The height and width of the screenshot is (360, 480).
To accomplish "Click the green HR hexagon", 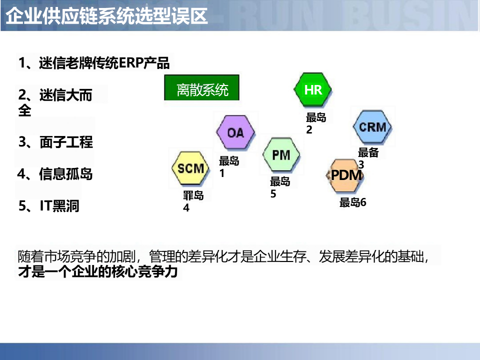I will [x=312, y=90].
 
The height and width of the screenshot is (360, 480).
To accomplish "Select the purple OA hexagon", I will [x=235, y=132].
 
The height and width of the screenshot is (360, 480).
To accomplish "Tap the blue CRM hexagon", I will [x=372, y=127].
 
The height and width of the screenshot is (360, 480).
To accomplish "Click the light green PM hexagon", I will [x=281, y=155].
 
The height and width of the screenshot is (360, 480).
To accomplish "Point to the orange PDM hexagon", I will [x=346, y=176].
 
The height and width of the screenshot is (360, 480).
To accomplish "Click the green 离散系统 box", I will [x=202, y=89].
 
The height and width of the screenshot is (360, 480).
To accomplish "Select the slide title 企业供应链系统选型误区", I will [x=106, y=16].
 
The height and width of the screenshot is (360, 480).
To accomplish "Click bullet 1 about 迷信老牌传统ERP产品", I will [x=94, y=63].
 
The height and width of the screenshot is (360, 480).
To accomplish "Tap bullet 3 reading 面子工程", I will [x=56, y=142].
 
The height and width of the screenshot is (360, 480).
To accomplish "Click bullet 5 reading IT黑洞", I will [x=49, y=206].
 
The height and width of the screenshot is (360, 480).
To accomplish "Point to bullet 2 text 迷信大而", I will [x=55, y=95].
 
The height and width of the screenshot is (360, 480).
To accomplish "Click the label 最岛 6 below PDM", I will [x=353, y=202].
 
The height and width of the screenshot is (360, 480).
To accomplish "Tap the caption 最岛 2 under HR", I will [x=315, y=123].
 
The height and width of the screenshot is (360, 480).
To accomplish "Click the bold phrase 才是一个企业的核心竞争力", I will [x=98, y=272].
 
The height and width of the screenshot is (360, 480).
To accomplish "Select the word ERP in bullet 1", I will [x=131, y=63].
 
